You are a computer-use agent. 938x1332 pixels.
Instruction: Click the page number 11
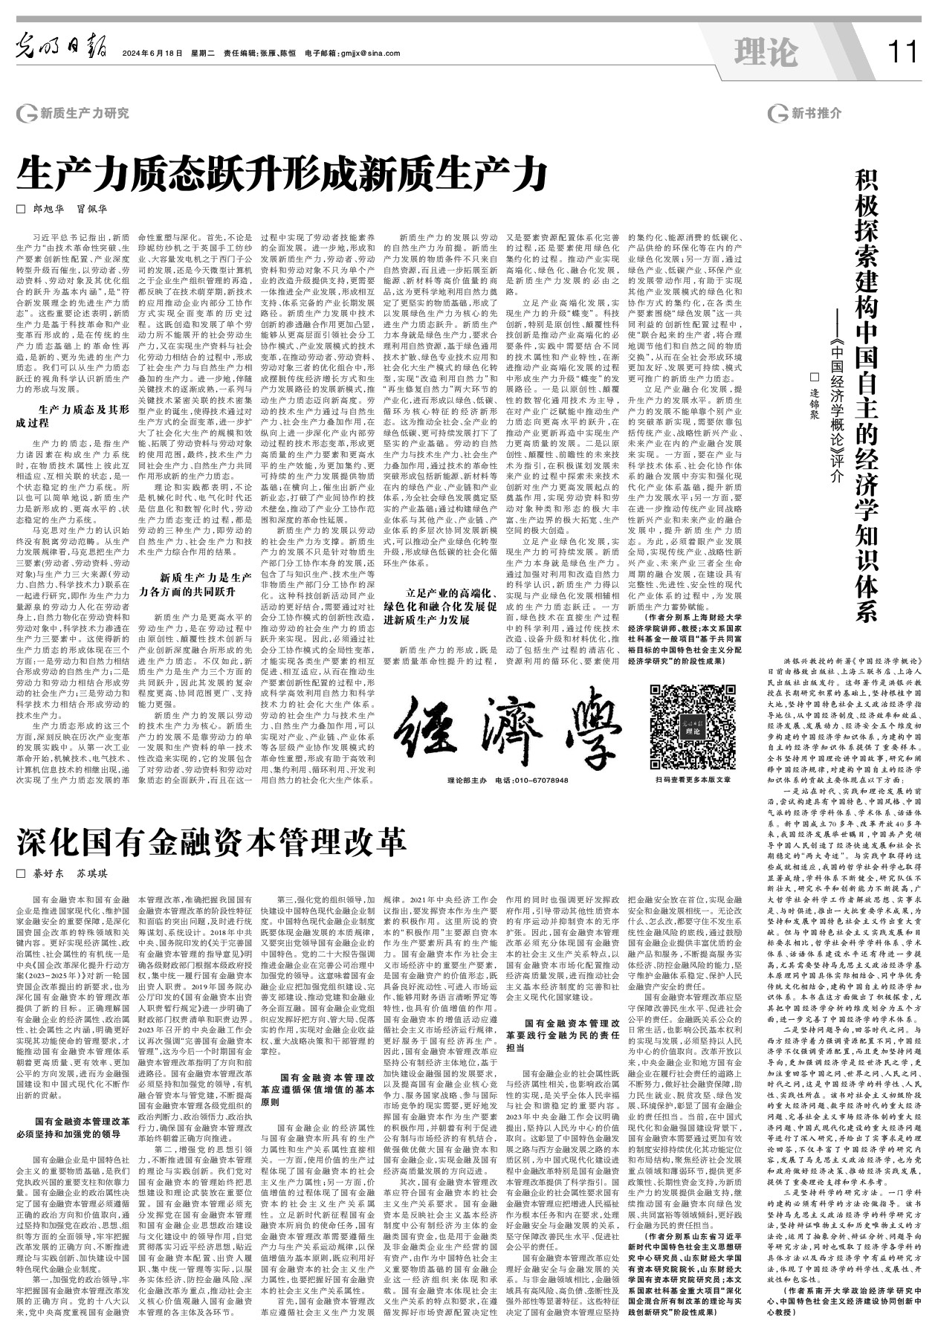coord(902,53)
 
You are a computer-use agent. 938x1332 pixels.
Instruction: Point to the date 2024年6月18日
coord(152,54)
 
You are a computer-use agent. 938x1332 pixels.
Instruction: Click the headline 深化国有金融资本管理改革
coord(211,841)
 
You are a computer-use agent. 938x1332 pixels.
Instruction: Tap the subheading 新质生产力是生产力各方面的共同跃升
coord(196,584)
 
